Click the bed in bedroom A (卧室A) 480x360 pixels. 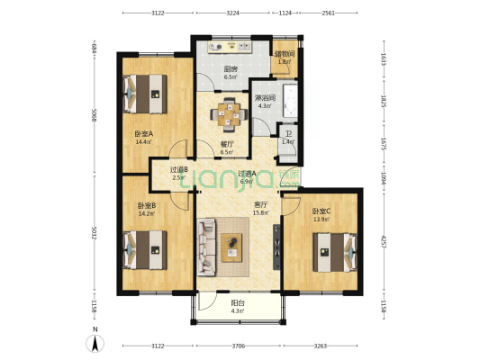tap(145, 92)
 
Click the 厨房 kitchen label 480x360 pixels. tap(230, 69)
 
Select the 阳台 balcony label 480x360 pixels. tap(238, 303)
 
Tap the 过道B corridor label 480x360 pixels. tap(179, 168)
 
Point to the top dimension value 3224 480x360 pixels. tap(232, 13)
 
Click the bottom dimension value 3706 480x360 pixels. tap(238, 346)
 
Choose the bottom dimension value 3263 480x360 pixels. tap(321, 346)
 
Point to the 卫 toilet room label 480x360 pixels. tap(287, 132)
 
